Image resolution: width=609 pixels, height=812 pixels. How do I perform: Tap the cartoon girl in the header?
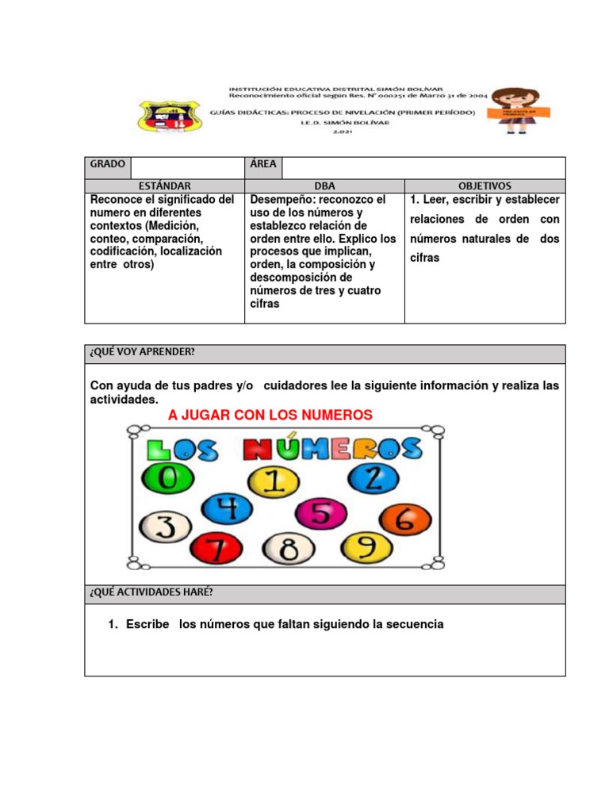click(516, 109)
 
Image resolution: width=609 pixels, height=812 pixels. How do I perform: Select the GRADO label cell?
click(108, 164)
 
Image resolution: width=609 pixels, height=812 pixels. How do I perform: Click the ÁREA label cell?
click(263, 164)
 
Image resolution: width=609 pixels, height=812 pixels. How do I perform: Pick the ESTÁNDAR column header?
click(164, 186)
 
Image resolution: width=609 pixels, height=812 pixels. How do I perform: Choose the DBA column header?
click(324, 186)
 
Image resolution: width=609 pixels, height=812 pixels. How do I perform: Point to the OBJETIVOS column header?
click(485, 186)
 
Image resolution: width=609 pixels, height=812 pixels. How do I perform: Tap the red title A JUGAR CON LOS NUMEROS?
click(270, 415)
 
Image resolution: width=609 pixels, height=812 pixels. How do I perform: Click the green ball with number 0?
click(165, 478)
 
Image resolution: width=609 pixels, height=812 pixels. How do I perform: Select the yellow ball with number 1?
click(273, 482)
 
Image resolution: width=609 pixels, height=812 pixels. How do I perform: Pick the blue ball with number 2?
click(373, 477)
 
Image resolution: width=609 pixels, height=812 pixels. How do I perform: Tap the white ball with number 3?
click(165, 526)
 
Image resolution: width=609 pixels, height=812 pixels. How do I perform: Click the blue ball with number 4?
click(227, 510)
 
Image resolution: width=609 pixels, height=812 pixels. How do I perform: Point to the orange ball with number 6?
click(405, 520)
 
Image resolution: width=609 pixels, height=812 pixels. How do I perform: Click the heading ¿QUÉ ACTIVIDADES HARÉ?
click(151, 593)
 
